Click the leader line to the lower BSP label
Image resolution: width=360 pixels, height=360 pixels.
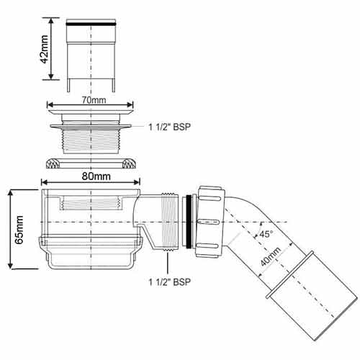[x=168, y=262]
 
